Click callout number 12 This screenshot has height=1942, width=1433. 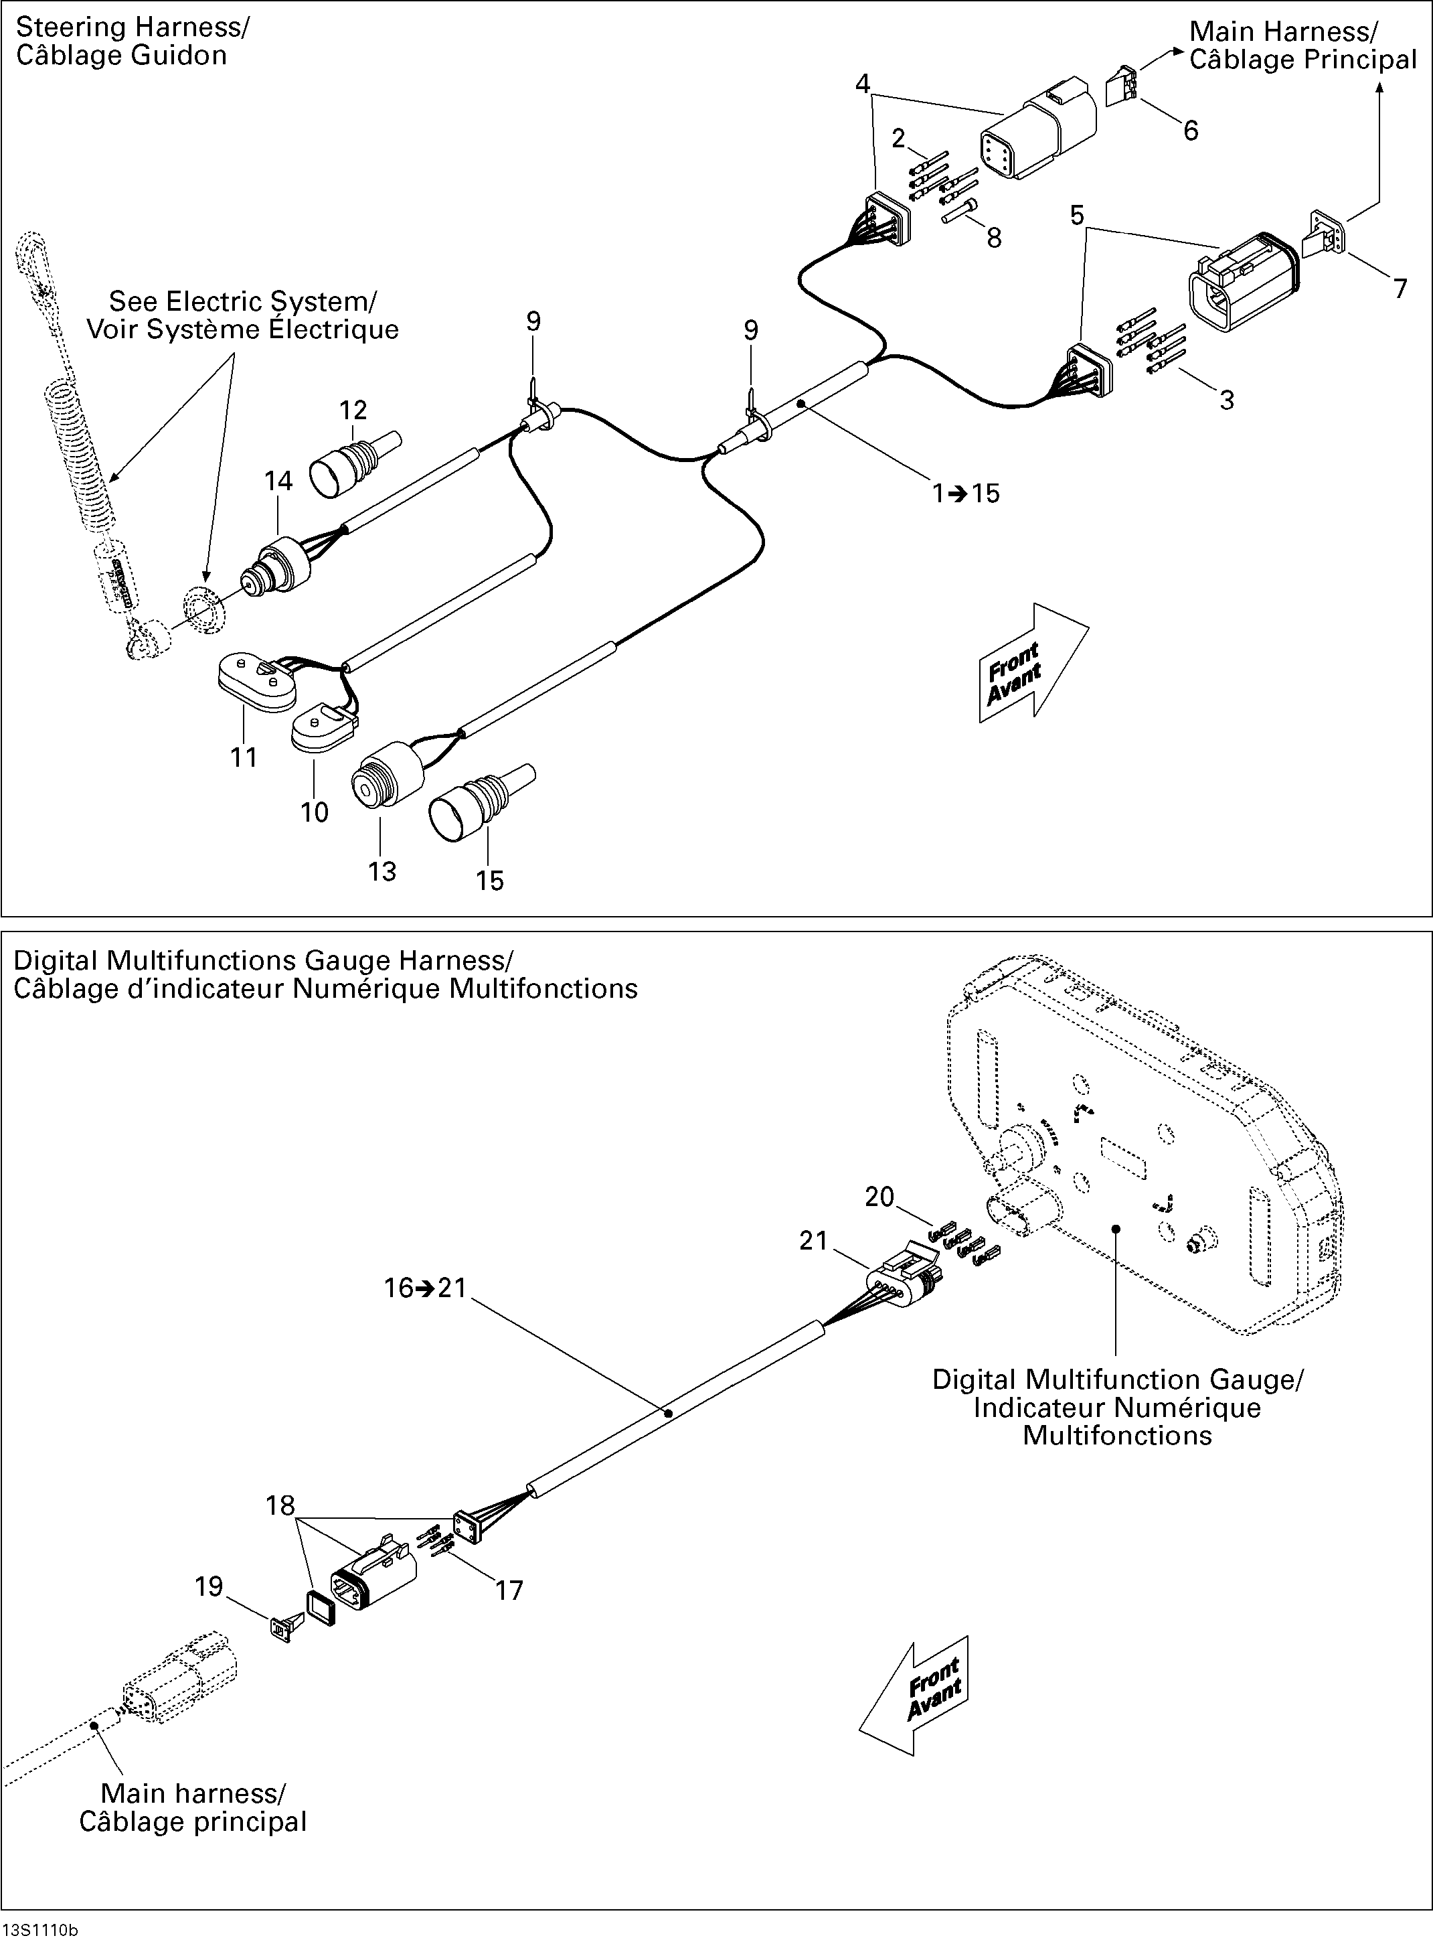353,410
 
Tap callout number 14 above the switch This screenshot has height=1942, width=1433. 278,481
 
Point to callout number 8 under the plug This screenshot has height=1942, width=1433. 994,238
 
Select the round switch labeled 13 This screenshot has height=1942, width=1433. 386,775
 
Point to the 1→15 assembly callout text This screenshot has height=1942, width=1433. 965,494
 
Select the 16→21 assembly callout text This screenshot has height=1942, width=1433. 425,1288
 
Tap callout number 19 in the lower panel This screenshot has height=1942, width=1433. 209,1586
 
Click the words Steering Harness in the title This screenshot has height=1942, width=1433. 130,27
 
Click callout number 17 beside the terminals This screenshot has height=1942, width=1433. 509,1590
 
